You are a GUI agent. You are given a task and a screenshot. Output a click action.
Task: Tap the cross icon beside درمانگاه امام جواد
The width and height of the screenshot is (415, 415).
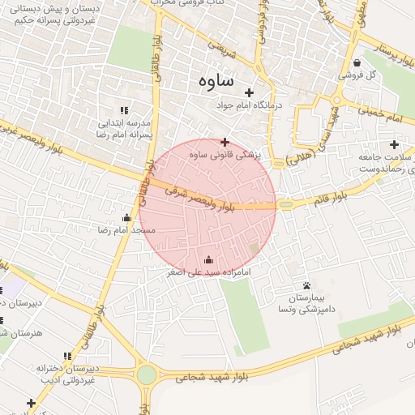click(x=249, y=92)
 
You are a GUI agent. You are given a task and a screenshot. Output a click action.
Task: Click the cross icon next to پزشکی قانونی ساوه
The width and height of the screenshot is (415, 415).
click(x=225, y=143)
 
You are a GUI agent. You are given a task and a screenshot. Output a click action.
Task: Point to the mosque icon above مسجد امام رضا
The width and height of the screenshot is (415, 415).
click(x=126, y=217)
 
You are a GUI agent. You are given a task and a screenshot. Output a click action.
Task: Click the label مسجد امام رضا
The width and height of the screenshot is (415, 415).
click(x=126, y=231)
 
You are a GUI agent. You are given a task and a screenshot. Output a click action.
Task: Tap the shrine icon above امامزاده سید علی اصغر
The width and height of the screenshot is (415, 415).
click(x=209, y=260)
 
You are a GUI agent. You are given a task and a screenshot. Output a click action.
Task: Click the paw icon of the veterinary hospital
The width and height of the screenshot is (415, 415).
click(x=307, y=285)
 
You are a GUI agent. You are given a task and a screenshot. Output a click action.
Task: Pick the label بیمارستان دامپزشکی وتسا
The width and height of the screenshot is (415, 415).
click(x=307, y=304)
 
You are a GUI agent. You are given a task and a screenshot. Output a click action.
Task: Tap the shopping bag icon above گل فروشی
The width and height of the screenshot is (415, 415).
click(x=357, y=62)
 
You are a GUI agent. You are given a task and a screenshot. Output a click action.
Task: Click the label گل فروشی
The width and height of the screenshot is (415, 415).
click(x=359, y=75)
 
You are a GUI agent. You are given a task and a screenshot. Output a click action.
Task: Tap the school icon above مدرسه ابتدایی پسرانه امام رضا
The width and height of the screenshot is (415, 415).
click(x=124, y=110)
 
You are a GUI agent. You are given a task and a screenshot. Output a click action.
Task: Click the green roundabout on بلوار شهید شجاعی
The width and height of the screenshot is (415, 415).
click(x=147, y=374)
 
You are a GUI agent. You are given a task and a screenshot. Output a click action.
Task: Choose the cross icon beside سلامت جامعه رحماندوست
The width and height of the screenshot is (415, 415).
click(x=395, y=144)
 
